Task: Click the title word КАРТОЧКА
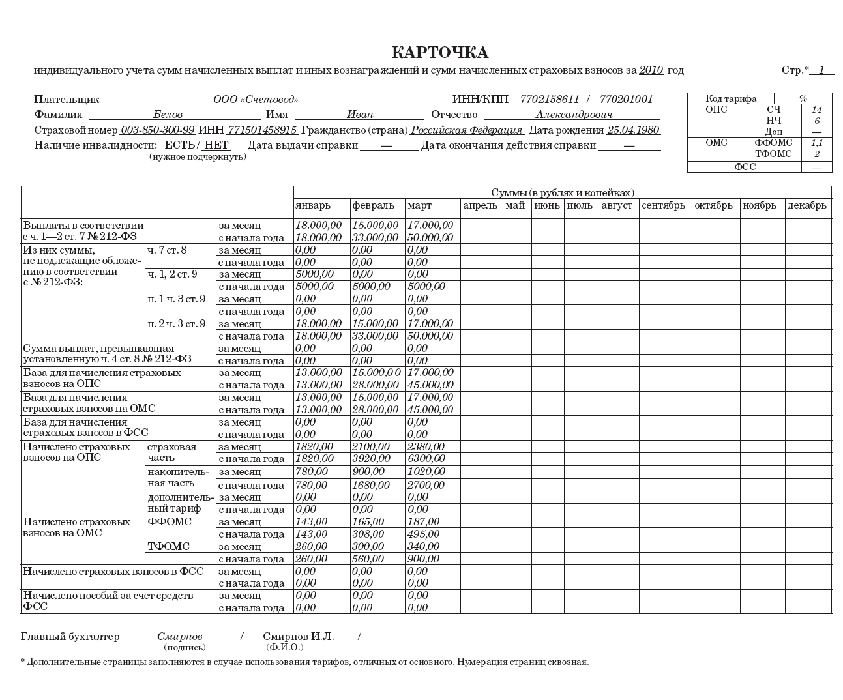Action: (439, 53)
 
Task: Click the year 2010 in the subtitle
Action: (651, 70)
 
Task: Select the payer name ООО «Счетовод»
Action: (256, 100)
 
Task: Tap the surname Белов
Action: (168, 115)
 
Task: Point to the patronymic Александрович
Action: (574, 115)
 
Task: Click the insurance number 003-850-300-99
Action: (158, 130)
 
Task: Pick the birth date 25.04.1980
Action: (633, 130)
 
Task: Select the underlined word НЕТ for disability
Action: (216, 145)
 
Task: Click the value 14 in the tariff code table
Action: (816, 109)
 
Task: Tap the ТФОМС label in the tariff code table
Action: (773, 154)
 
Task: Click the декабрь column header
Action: (807, 205)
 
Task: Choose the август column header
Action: (617, 205)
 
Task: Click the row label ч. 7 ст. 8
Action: (167, 250)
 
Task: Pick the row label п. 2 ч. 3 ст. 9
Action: (176, 324)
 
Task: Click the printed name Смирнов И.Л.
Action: (298, 636)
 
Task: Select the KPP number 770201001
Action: (626, 100)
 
